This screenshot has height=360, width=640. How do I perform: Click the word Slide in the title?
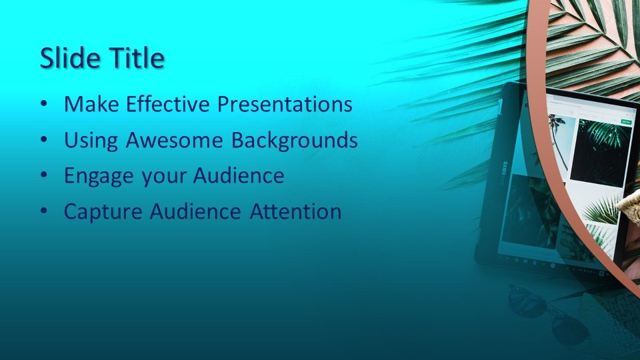click(71, 57)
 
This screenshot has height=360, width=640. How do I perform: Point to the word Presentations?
click(285, 104)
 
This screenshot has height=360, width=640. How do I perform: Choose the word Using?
click(91, 141)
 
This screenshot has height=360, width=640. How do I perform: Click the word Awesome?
click(174, 140)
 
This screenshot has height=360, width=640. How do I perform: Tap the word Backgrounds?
click(294, 140)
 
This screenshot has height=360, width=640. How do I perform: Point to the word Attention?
click(295, 211)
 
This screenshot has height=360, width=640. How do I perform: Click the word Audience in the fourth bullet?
click(195, 211)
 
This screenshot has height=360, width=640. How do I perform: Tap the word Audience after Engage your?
click(239, 175)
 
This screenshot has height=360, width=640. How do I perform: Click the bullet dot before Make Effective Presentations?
click(44, 105)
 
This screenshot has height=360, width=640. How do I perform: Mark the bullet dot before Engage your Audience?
click(44, 176)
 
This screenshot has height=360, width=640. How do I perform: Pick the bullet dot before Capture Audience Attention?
click(44, 212)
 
